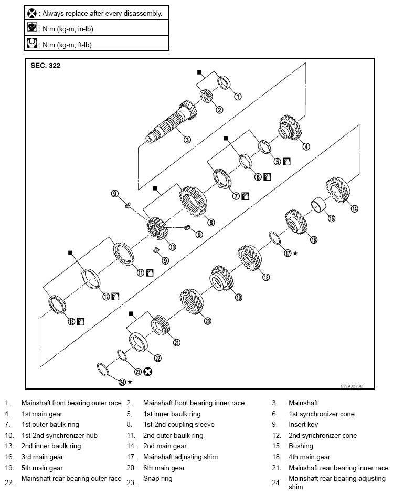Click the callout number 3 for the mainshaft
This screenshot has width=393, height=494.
click(x=186, y=140)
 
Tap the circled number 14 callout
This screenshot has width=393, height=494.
click(x=354, y=208)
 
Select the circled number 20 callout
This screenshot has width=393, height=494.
click(x=207, y=321)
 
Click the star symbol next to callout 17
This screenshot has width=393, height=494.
click(x=295, y=253)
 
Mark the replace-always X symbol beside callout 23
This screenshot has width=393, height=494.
click(x=148, y=372)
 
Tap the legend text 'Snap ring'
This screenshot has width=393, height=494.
click(x=157, y=479)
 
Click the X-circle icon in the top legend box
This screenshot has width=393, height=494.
click(x=31, y=12)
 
